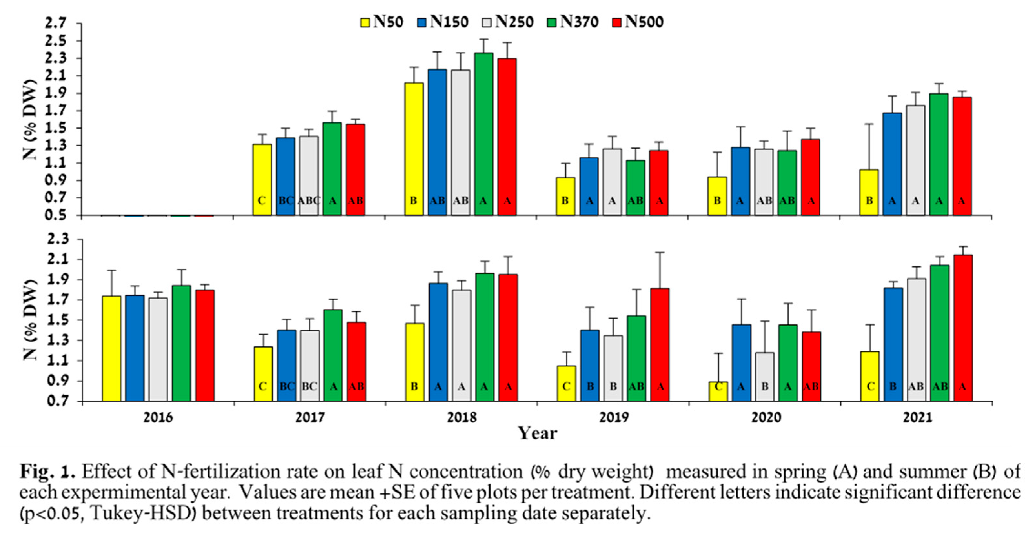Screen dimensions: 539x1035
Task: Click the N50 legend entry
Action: [x=382, y=22]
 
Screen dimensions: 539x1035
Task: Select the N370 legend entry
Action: [x=573, y=22]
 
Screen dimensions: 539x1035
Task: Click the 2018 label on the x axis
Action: [x=462, y=418]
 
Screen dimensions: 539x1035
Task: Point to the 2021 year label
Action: [x=917, y=418]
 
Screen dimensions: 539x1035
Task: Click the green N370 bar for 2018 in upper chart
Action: [x=483, y=133]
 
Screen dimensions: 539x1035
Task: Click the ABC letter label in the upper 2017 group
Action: [x=309, y=200]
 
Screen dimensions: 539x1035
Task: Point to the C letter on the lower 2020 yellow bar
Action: [x=718, y=387]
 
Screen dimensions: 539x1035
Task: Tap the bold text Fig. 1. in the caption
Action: [x=47, y=472]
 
